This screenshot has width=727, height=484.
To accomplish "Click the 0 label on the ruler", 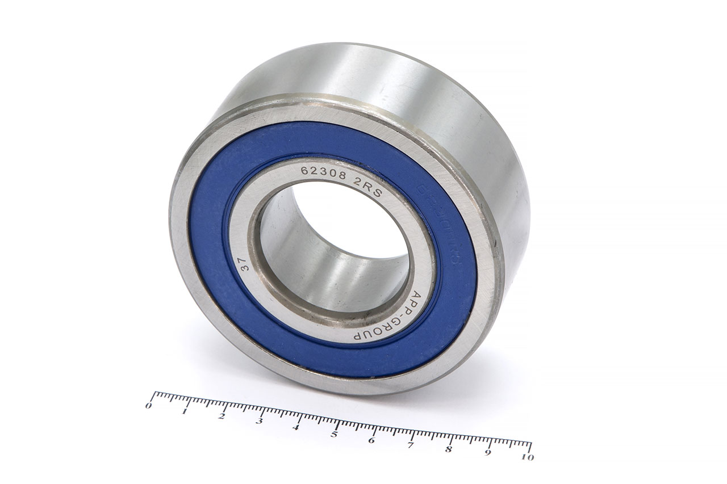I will tap(149, 406).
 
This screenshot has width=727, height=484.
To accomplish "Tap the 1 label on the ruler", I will tap(185, 411).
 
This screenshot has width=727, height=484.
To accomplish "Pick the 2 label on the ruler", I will tap(222, 416).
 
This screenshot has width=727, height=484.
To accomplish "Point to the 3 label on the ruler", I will tap(259, 421).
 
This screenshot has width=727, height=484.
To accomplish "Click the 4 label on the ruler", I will tap(296, 427).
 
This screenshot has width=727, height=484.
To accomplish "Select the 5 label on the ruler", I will tap(334, 434).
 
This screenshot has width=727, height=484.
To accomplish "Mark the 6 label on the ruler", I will tap(371, 440).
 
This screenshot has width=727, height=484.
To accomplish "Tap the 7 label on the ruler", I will tap(410, 445).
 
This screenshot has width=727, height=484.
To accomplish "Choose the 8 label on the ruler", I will tap(449, 450).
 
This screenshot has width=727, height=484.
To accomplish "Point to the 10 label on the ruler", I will tap(528, 457).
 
